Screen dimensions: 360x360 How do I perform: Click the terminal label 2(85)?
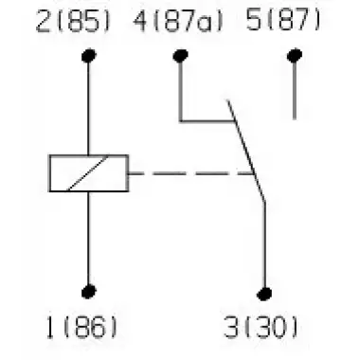pyautogui.click(x=73, y=22)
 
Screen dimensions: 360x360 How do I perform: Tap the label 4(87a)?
pyautogui.click(x=178, y=22)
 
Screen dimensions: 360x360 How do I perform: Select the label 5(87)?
pyautogui.click(x=282, y=21)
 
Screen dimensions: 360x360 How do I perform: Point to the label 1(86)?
pyautogui.click(x=81, y=328)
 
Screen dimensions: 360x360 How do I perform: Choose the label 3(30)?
pyautogui.click(x=261, y=327)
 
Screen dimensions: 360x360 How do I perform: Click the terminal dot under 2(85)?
pyautogui.click(x=89, y=56)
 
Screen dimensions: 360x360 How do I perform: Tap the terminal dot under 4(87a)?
pyautogui.click(x=181, y=56)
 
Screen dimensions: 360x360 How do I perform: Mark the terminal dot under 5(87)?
pyautogui.click(x=295, y=56)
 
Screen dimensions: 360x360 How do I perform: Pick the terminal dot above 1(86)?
pyautogui.click(x=89, y=292)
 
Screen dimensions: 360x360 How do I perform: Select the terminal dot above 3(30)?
pyautogui.click(x=264, y=294)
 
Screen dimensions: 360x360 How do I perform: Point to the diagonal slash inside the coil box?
pyautogui.click(x=87, y=173)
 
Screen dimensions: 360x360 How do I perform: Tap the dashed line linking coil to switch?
pyautogui.click(x=191, y=173)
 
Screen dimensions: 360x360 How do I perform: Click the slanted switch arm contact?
pyautogui.click(x=245, y=151)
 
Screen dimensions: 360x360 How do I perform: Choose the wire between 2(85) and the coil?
pyautogui.click(x=89, y=109)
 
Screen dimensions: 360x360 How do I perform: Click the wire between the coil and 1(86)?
pyautogui.click(x=89, y=238)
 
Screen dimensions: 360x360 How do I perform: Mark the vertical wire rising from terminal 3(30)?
pyautogui.click(x=264, y=244)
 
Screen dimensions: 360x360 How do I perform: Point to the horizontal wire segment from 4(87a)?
pyautogui.click(x=207, y=121)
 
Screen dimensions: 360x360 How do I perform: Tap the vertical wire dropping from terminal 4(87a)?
pyautogui.click(x=181, y=92)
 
